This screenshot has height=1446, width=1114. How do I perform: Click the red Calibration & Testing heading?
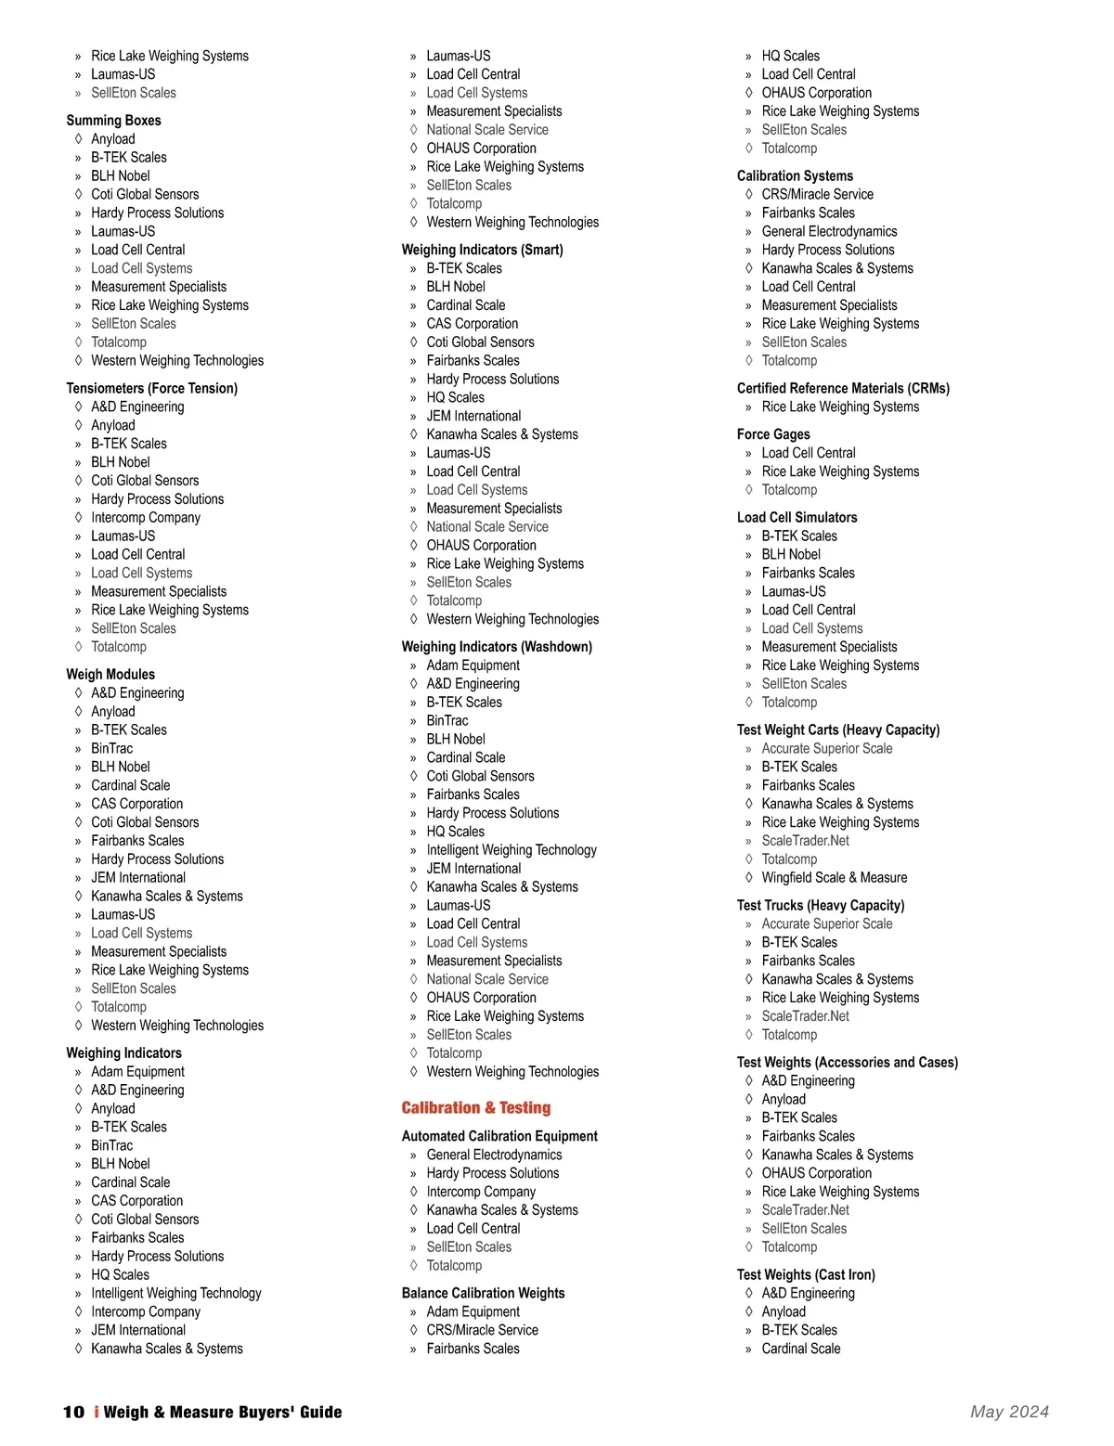coord(475,1107)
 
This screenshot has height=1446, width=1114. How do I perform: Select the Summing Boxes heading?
coord(113,121)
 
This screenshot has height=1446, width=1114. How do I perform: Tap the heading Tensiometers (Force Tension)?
coord(151,388)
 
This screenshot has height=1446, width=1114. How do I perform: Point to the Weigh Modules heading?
coord(110,675)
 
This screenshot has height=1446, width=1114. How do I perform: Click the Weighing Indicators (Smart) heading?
coord(482,250)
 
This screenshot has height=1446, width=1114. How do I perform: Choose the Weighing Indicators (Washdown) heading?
coord(497,647)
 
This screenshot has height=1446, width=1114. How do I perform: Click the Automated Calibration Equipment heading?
coord(499,1136)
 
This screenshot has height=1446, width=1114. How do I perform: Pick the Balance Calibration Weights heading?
coord(483,1293)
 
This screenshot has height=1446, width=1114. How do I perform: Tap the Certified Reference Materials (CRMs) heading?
coord(843,388)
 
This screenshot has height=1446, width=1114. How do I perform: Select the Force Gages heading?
coord(773,434)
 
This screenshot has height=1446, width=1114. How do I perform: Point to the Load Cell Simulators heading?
coord(797,517)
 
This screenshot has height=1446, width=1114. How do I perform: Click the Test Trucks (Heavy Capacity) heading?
coord(820,905)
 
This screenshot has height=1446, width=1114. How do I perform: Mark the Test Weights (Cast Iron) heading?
coord(806,1274)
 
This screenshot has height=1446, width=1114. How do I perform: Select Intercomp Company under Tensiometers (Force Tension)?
coord(146,517)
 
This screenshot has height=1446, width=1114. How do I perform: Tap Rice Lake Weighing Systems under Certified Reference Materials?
coord(840,407)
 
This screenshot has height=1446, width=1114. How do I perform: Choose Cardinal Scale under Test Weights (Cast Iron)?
coord(800,1349)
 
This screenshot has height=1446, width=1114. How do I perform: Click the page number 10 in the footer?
coord(73,1412)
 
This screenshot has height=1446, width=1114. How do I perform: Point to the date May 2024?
coord(1009,1412)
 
